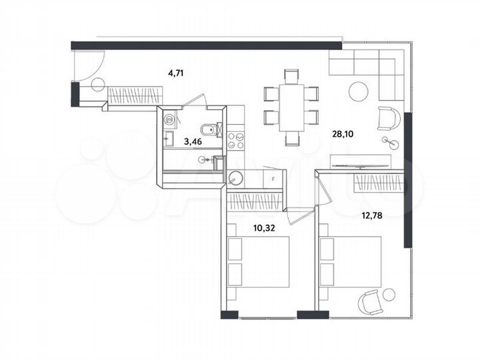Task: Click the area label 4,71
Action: click(175, 73)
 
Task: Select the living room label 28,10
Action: click(343, 133)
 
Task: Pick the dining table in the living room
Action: click(291, 106)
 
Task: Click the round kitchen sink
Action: click(235, 177)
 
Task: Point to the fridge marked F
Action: click(271, 179)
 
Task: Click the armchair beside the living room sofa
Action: click(387, 118)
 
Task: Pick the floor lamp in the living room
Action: click(389, 141)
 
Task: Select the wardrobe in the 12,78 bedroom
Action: click(378, 181)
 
